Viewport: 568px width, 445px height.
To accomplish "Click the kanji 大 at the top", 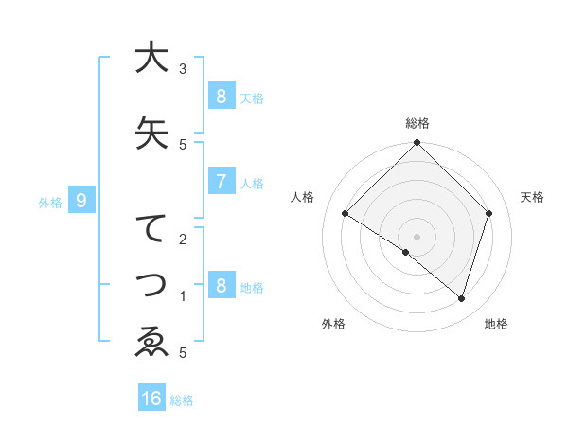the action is click(151, 58).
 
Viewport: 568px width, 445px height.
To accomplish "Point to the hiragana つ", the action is click(151, 285).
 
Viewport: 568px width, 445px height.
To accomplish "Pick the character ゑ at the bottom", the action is click(151, 341).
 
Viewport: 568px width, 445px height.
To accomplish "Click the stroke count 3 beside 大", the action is click(183, 69).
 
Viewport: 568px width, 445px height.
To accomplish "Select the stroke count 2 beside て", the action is click(183, 239).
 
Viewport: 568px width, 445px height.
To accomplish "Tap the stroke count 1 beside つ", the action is click(183, 296).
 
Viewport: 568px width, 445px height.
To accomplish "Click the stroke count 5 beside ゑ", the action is click(183, 353).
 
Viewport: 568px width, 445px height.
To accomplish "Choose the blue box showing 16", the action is click(151, 399).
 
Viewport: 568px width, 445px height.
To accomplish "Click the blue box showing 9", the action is click(81, 201).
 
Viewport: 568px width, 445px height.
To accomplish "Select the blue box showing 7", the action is click(221, 182).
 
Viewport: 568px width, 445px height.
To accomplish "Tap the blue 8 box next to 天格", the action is click(221, 96).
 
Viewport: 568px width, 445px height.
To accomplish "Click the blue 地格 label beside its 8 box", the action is click(253, 288).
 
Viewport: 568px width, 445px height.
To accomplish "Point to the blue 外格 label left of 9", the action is click(50, 202).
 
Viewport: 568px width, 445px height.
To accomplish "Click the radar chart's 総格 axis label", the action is click(417, 123).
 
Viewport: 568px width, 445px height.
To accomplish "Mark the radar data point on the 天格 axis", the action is click(489, 213).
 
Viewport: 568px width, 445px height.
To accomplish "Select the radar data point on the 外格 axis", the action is click(406, 252).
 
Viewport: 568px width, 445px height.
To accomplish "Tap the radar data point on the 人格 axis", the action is click(346, 213).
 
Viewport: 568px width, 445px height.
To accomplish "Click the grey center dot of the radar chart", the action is click(417, 236).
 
